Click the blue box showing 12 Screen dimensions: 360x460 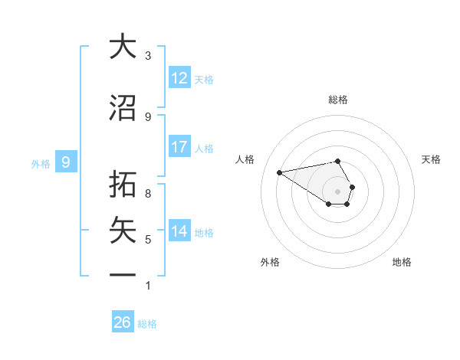pyautogui.click(x=179, y=78)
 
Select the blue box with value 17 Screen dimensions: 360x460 pyautogui.click(x=179, y=147)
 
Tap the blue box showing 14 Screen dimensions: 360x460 pyautogui.click(x=179, y=231)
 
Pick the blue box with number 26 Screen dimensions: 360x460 pyautogui.click(x=123, y=322)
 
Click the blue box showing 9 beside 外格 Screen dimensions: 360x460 pyautogui.click(x=67, y=162)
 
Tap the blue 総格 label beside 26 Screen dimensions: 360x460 pyautogui.click(x=147, y=324)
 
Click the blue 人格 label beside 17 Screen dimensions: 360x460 pyautogui.click(x=204, y=149)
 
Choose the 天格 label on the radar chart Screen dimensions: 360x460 pyautogui.click(x=431, y=159)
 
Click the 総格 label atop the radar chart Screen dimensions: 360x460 pyautogui.click(x=338, y=100)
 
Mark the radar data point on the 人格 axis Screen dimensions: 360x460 pyautogui.click(x=280, y=172)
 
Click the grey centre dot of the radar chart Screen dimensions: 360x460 pyautogui.click(x=338, y=191)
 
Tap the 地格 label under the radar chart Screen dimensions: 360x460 pyautogui.click(x=402, y=262)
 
